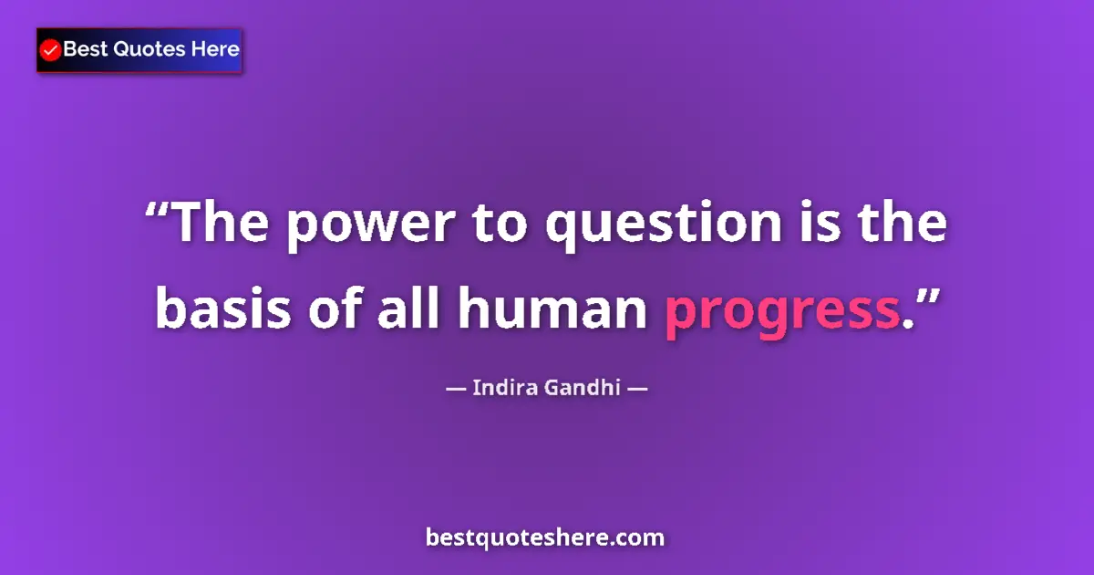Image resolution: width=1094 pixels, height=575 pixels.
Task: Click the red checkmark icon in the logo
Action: coord(51,50)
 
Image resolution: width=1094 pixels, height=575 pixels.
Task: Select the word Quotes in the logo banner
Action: coord(149,49)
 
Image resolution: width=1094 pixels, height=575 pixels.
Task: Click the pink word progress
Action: coord(782,315)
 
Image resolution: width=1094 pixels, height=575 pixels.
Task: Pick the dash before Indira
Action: coord(455,388)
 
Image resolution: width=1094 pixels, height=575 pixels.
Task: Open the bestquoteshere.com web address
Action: coord(545,538)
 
